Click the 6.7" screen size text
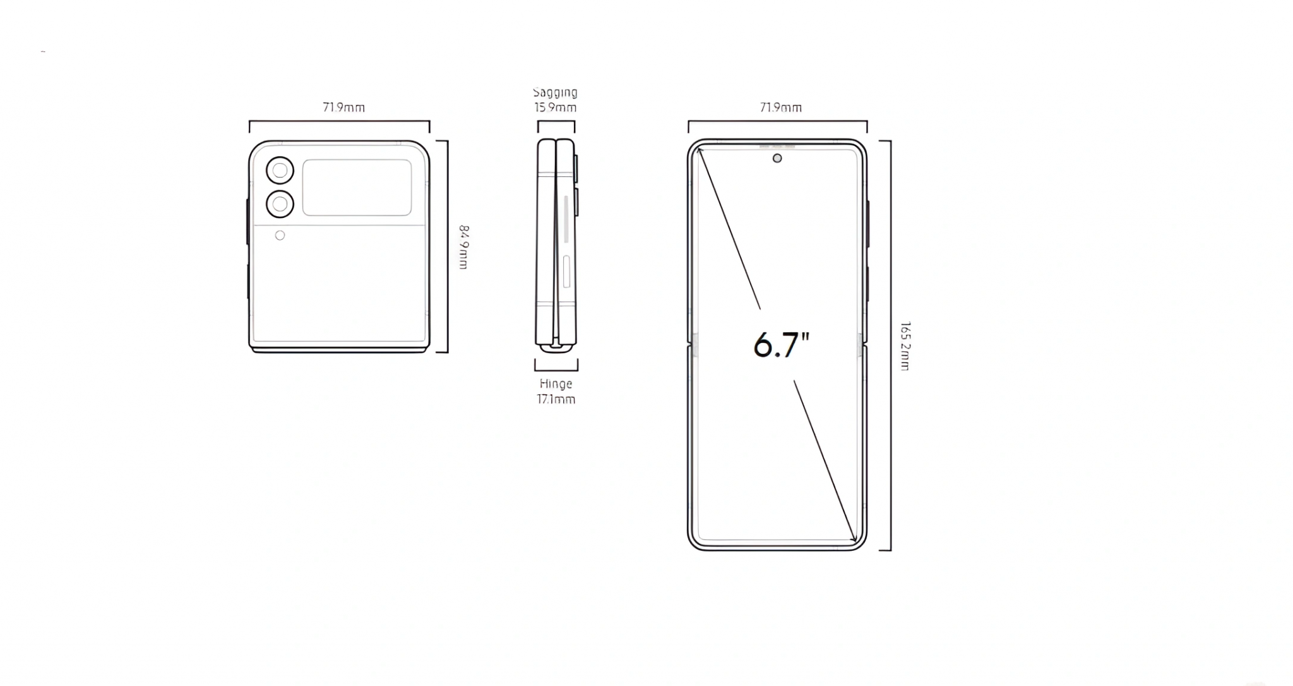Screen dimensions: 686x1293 click(x=782, y=345)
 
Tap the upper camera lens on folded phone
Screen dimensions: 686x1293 click(x=280, y=171)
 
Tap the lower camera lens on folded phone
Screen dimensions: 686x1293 click(x=280, y=204)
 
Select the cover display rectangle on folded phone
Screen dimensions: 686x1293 click(x=357, y=188)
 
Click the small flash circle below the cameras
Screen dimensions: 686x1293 click(x=280, y=236)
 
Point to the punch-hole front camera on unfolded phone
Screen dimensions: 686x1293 click(x=777, y=158)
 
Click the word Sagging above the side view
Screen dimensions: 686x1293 click(x=555, y=93)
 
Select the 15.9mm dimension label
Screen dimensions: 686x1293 click(x=555, y=108)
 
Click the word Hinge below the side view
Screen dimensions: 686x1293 click(x=556, y=384)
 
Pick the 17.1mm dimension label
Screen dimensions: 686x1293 click(x=556, y=399)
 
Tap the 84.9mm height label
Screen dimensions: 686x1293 click(x=463, y=247)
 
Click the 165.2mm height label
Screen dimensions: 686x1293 click(x=905, y=346)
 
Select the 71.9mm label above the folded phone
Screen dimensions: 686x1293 click(x=343, y=107)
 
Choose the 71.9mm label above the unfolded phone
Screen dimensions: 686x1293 click(x=781, y=107)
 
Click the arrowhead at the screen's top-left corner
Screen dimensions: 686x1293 click(x=700, y=150)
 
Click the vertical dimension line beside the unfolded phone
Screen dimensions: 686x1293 click(x=890, y=346)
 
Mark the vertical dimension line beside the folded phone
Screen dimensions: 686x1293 click(x=447, y=247)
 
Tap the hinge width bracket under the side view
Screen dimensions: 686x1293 click(x=556, y=369)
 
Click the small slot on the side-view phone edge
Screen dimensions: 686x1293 click(x=566, y=272)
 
